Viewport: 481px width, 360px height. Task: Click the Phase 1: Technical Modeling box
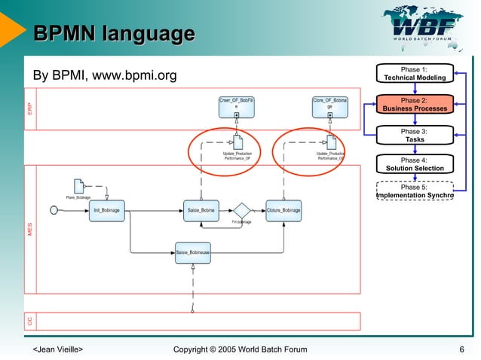[414, 73]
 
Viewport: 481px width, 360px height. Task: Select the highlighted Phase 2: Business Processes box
[414, 104]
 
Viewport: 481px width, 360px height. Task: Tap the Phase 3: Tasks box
[414, 135]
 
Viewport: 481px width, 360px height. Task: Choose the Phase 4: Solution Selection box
[414, 164]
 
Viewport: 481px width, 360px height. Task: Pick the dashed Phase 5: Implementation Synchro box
[414, 192]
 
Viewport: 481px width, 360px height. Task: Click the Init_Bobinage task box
[106, 210]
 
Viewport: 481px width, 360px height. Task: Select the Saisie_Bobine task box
[201, 210]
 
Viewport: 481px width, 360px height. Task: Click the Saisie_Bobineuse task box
[193, 252]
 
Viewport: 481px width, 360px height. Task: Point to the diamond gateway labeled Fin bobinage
[241, 210]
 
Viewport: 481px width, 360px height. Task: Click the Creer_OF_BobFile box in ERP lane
[236, 106]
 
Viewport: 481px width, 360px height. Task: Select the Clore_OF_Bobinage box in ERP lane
[329, 106]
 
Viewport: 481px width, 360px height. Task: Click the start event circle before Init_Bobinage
[54, 210]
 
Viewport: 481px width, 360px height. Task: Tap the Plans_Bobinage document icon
[79, 185]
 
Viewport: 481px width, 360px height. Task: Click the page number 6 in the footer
[461, 349]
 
